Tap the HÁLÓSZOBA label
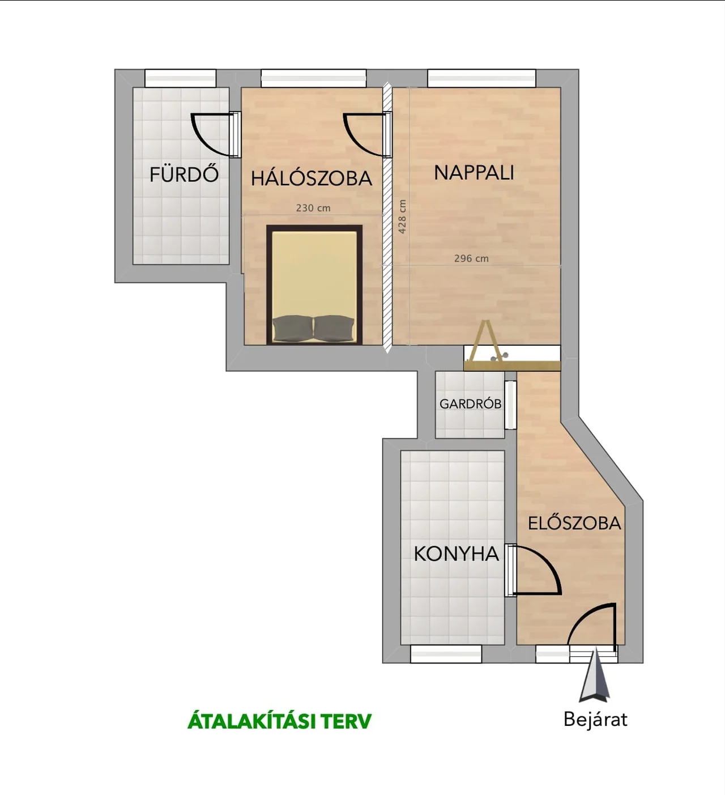312,178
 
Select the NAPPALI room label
474,172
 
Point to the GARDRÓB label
470,404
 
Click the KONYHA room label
457,554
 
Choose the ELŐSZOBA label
574,523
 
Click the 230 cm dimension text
313,208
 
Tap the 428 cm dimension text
402,216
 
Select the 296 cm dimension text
471,258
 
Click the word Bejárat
595,719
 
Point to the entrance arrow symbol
594,675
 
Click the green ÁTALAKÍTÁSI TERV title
280,721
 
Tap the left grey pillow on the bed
292,328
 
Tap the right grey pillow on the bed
334,328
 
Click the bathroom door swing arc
202,137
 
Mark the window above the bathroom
180,78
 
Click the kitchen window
446,653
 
